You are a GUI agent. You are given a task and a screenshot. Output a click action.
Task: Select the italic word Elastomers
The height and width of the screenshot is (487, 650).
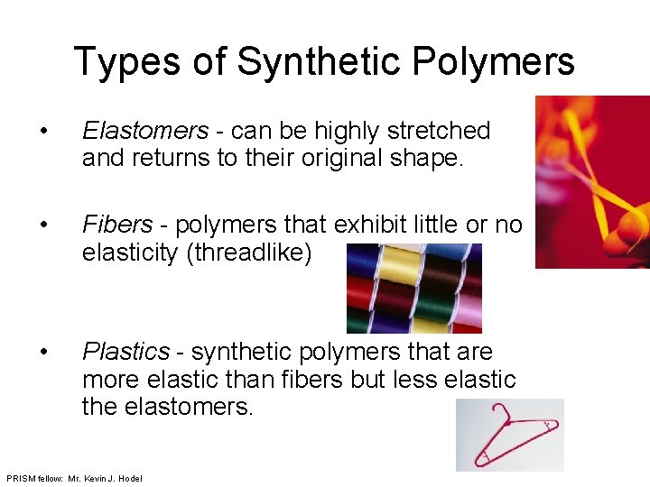point(144,131)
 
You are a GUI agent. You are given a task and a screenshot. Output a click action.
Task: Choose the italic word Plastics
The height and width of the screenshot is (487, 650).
point(125,351)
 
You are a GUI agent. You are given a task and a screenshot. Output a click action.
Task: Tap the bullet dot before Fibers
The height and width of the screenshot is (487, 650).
point(45,225)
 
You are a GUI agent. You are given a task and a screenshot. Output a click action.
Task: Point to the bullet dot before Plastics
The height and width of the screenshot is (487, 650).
point(45,352)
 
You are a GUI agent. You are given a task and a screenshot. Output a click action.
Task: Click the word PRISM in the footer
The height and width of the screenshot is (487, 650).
point(21,478)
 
